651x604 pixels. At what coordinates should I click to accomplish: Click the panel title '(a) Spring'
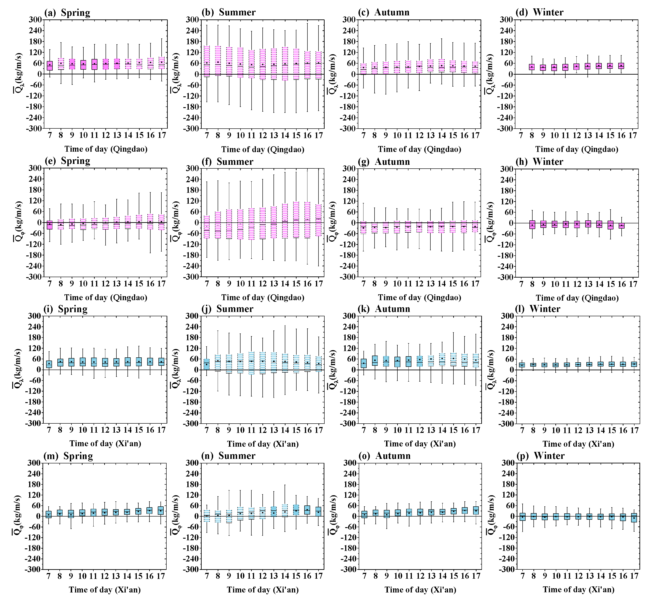(x=67, y=13)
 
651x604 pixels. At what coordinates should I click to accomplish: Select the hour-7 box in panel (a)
(x=50, y=66)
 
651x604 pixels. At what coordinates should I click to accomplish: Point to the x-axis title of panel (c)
(x=419, y=149)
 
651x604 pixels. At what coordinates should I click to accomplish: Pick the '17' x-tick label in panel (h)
(x=633, y=284)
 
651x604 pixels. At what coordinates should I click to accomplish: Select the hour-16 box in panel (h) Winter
(x=622, y=226)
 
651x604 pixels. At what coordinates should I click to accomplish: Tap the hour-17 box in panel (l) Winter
(x=634, y=364)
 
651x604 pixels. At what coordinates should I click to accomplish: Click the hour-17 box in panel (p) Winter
(x=634, y=518)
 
